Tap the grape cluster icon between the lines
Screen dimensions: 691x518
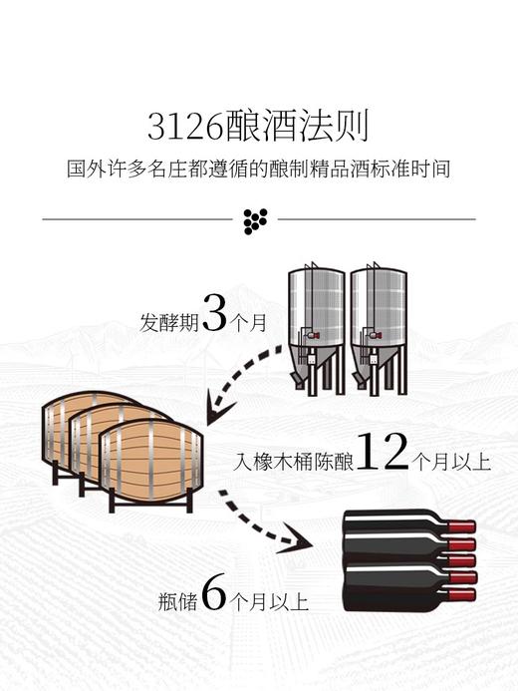[x=258, y=220]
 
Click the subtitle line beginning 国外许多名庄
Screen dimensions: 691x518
[x=258, y=169]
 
